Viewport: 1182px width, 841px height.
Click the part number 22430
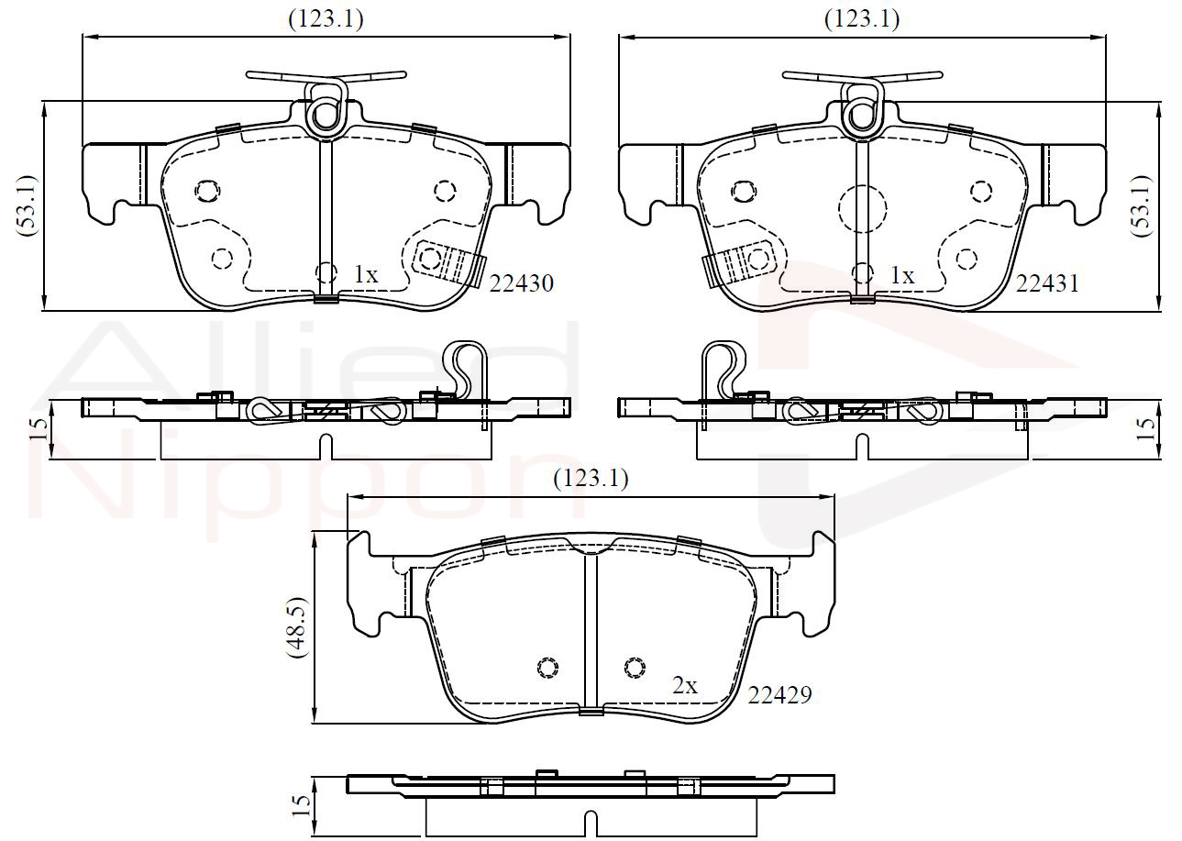coord(522,284)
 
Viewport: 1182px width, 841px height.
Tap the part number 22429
coord(779,695)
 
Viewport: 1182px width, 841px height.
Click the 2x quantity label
coord(685,685)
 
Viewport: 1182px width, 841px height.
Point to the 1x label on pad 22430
coord(366,274)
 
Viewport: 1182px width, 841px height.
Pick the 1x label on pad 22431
coord(902,275)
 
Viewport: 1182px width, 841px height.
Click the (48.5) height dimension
coord(296,627)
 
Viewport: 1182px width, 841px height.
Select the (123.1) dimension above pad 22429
coord(591,479)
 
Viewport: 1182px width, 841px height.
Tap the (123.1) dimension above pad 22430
coord(326,19)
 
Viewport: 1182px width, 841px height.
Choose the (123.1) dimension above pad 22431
coord(862,19)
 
